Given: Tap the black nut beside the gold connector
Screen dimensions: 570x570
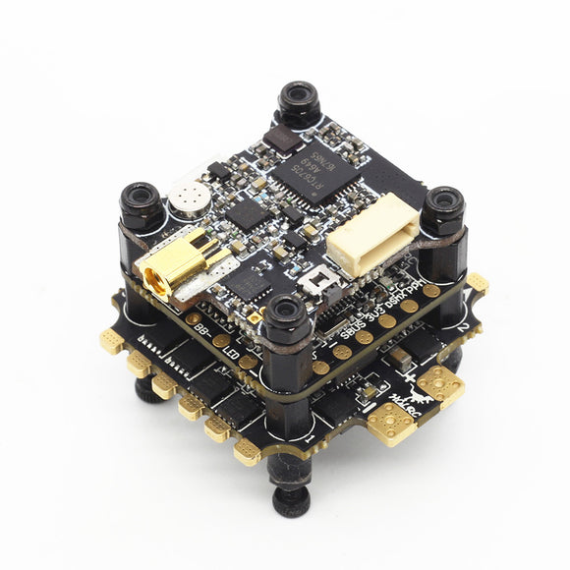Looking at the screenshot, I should click(x=141, y=203).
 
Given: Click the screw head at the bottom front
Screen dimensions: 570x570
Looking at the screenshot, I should click(x=292, y=501).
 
